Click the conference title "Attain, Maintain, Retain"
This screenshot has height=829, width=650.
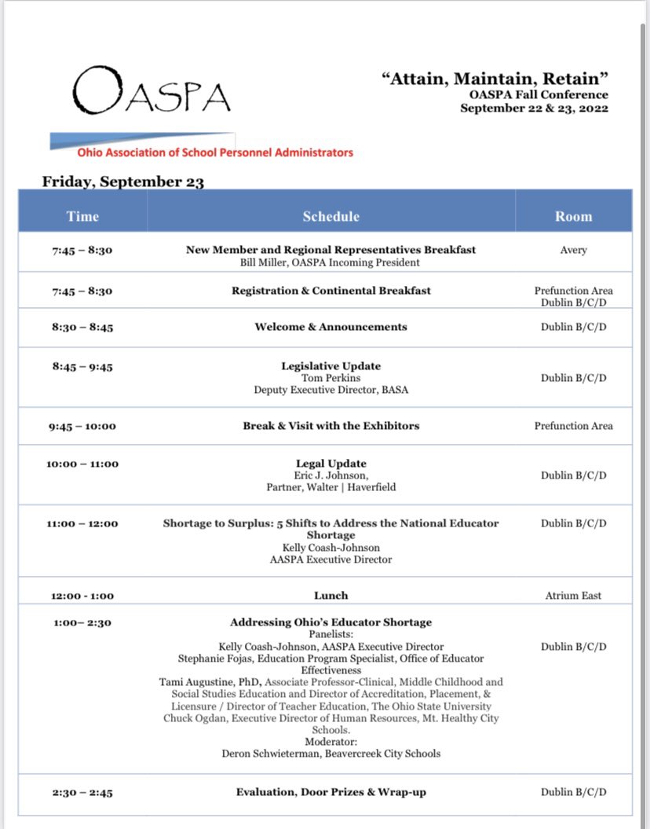496,79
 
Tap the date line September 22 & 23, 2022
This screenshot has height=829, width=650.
534,108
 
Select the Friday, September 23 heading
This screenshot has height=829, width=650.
123,182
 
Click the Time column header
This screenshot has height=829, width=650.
82,216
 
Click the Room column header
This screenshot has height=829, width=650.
573,216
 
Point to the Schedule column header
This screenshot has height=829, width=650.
330,216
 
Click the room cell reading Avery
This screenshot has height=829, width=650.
573,250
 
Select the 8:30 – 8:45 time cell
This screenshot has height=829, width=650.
82,327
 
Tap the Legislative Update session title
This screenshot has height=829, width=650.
330,366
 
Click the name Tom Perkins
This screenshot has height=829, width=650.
330,378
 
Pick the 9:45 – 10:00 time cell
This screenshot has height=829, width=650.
82,426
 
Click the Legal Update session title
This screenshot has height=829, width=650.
330,464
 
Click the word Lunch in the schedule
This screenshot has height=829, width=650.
330,596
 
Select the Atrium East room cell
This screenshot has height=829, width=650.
573,596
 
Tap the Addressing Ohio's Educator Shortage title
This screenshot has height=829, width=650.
330,622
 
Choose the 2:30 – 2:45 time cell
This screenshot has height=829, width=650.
82,793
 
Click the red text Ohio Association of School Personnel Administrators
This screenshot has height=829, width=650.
214,152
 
